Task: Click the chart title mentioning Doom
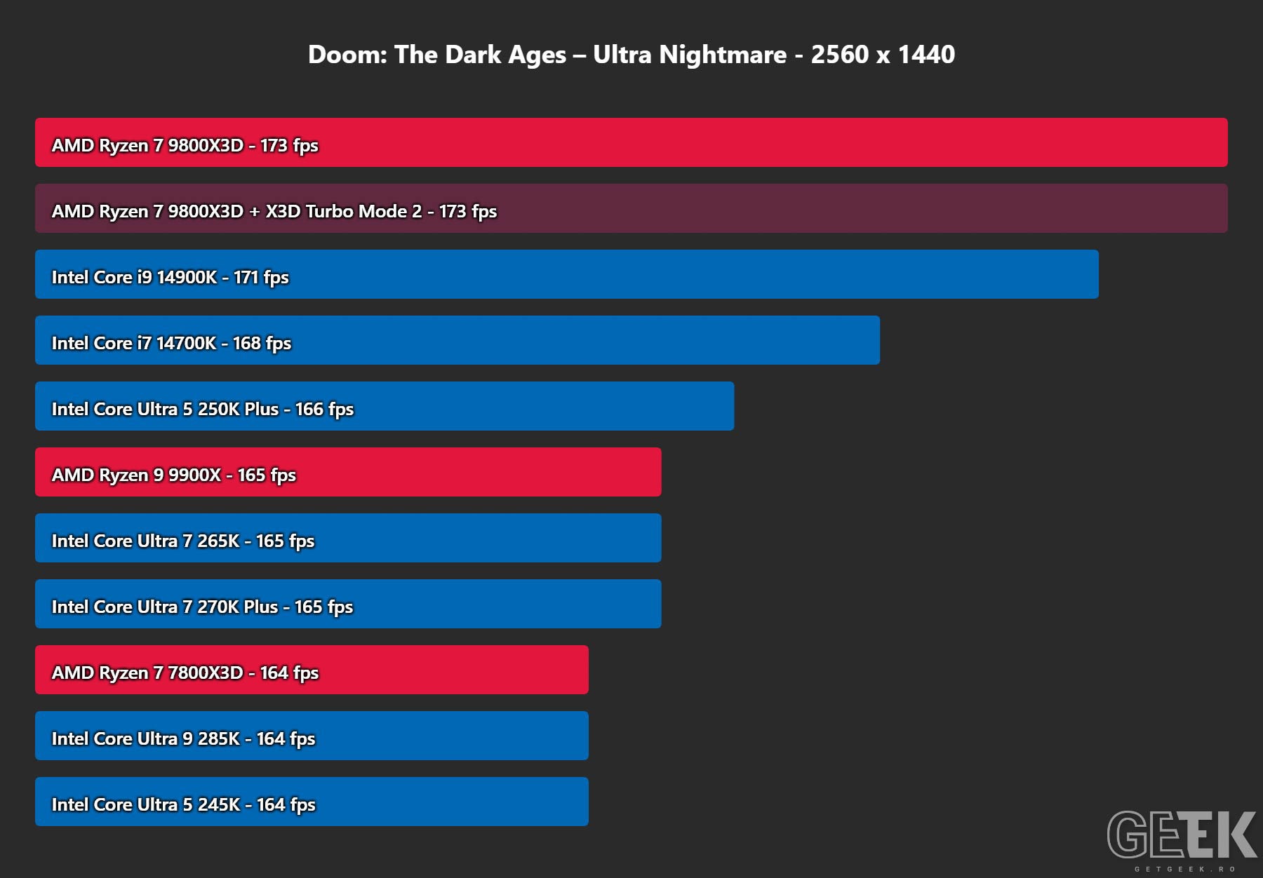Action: [631, 55]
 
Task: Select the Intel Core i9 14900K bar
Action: [567, 274]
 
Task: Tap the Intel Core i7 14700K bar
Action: [457, 340]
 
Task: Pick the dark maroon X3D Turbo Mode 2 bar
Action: [631, 208]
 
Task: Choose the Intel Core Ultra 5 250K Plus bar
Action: [385, 406]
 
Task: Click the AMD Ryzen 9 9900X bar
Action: [348, 472]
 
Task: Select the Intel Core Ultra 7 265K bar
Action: [348, 538]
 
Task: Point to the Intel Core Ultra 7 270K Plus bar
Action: [348, 604]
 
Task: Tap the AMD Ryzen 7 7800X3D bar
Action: [312, 670]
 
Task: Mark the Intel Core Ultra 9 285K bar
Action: [312, 736]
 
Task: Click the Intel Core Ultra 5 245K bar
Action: [312, 802]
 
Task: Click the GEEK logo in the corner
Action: [1182, 834]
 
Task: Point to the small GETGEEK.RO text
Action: [1185, 869]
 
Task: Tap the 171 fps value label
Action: [261, 278]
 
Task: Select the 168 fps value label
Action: [262, 344]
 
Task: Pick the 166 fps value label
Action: [324, 410]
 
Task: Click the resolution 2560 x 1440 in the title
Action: [883, 55]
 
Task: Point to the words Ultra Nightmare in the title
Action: [690, 55]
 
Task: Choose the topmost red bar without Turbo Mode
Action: [631, 142]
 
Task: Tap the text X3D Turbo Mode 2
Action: [344, 211]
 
